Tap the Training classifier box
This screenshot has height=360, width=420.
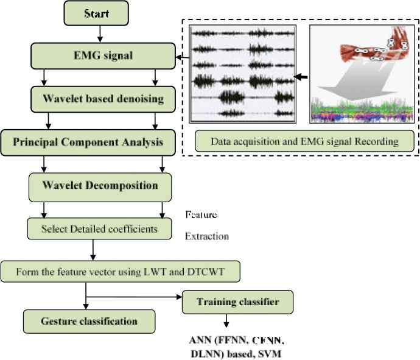pyautogui.click(x=237, y=302)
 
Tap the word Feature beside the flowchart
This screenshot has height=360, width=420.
pyautogui.click(x=201, y=216)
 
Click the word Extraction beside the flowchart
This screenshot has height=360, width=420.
pyautogui.click(x=207, y=236)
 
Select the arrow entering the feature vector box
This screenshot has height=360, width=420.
pyautogui.click(x=93, y=252)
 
